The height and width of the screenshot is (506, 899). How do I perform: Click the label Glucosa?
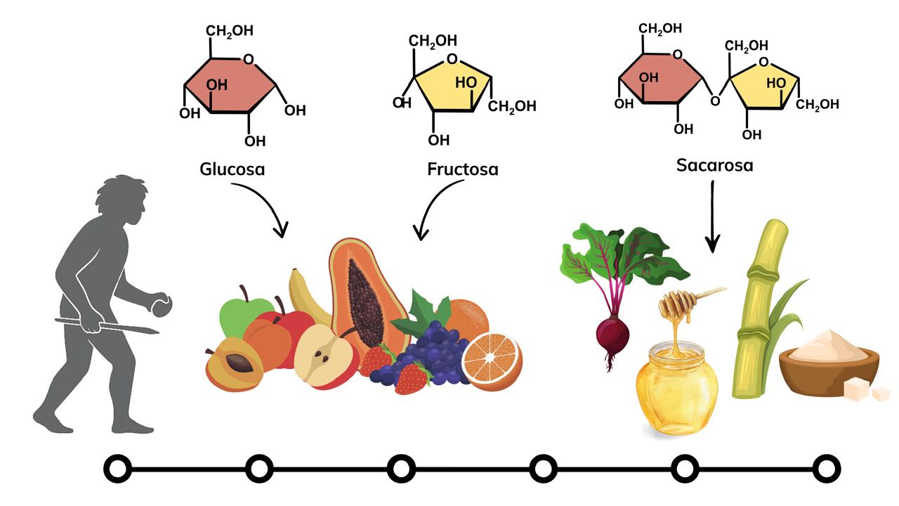[232, 169]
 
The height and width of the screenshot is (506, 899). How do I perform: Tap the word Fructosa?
[462, 169]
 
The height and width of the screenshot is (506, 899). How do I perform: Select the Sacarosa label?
[714, 165]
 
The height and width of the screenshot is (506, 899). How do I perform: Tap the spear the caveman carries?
[105, 325]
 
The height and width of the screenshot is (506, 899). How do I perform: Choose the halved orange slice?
[492, 359]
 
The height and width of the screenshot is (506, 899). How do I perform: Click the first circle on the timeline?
[118, 467]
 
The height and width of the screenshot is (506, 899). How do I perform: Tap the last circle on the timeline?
[826, 467]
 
